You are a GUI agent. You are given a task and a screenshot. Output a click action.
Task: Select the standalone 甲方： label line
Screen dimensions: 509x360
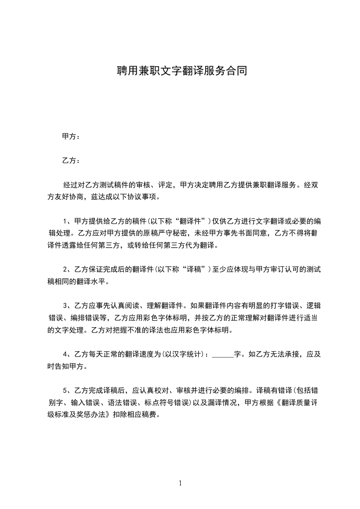pos(71,136)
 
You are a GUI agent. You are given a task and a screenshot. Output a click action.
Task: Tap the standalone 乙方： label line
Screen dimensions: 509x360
pos(71,161)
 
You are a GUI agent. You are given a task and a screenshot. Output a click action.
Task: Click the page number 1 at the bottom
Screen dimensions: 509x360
pos(180,483)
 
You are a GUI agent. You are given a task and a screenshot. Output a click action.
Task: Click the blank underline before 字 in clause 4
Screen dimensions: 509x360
pos(222,355)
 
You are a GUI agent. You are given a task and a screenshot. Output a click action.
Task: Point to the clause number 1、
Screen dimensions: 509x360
pos(68,221)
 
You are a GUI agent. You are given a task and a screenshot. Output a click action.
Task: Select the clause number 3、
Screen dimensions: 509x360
pos(68,305)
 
